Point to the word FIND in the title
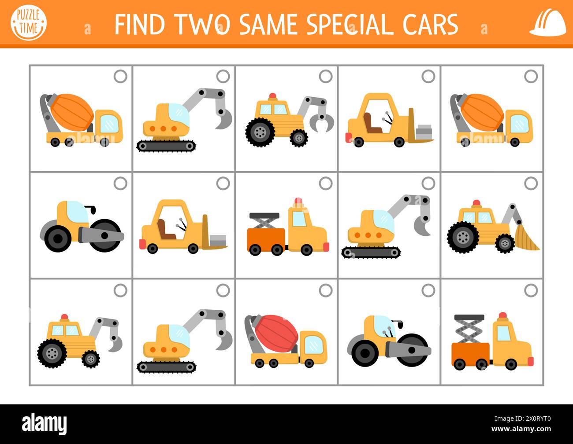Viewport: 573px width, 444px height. point(141,24)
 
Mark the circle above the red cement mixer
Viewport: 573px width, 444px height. point(326,290)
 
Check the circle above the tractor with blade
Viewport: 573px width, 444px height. point(531,183)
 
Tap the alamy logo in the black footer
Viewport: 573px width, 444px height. point(45,424)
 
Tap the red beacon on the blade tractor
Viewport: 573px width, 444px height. point(476,203)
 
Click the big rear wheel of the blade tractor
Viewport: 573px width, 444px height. point(462,238)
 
